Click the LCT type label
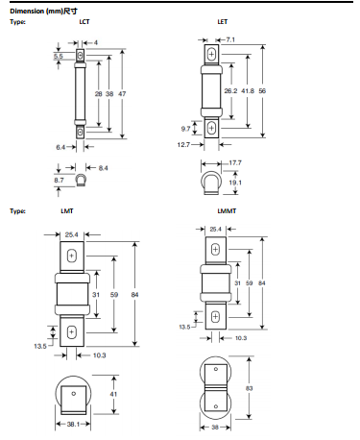(x=84, y=22)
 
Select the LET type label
(x=223, y=22)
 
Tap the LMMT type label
(x=227, y=211)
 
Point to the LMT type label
(x=67, y=211)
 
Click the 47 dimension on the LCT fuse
(x=122, y=94)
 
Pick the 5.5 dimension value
(x=59, y=57)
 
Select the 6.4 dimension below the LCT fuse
(x=60, y=147)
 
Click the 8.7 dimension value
(x=59, y=181)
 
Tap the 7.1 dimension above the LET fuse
(x=230, y=39)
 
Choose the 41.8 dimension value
(x=248, y=91)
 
